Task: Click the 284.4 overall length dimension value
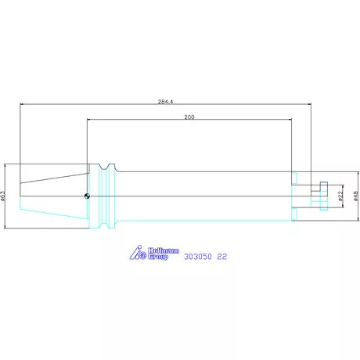click(x=165, y=102)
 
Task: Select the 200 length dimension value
click(x=189, y=117)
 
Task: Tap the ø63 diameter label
click(x=3, y=196)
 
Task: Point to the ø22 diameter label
click(x=340, y=196)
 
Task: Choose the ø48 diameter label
click(x=356, y=196)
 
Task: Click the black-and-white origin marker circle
click(x=87, y=196)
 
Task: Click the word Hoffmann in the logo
click(x=164, y=250)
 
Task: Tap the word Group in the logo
click(x=158, y=257)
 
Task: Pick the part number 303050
click(x=198, y=257)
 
